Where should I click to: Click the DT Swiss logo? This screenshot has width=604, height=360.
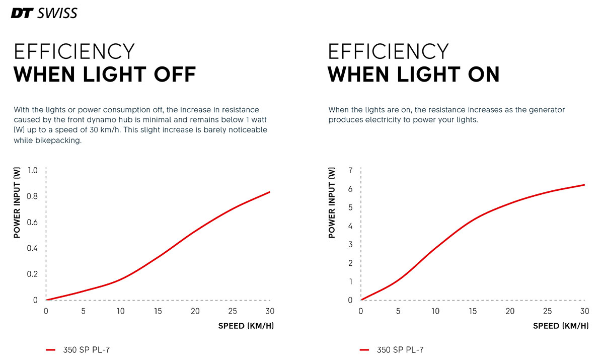point(44,13)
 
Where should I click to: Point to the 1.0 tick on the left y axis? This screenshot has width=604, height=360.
point(32,170)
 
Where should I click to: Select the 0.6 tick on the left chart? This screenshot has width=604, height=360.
point(32,222)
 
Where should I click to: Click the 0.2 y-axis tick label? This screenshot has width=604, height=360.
point(32,274)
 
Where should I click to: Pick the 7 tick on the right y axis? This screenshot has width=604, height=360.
point(350,170)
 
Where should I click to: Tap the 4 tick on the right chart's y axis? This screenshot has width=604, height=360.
point(350,226)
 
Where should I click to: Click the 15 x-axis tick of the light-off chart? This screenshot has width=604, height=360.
point(158,311)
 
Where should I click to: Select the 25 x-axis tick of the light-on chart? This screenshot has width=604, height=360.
point(547,311)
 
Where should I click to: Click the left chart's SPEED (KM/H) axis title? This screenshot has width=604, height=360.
point(246,326)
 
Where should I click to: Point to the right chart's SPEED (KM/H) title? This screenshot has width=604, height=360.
point(561,326)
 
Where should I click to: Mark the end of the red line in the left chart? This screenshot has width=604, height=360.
point(270,192)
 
